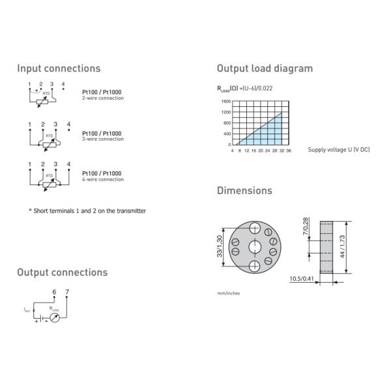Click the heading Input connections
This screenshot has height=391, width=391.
point(59,68)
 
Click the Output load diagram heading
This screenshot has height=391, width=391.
point(265,68)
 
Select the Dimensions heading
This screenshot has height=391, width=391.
point(244,191)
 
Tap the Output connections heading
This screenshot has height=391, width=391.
point(63,272)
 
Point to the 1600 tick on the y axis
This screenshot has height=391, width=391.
point(226,102)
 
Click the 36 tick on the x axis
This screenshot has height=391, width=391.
point(289,151)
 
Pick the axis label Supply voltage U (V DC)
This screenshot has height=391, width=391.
point(339,151)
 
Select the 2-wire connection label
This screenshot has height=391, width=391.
point(102,98)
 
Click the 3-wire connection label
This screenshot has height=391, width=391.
point(102,139)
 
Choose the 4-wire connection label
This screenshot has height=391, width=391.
point(102,179)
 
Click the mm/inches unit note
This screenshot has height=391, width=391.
point(228,293)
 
